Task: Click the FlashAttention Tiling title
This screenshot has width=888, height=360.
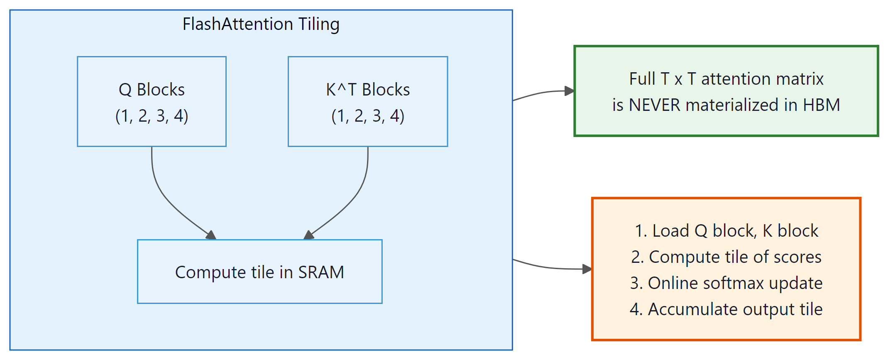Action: pos(261,24)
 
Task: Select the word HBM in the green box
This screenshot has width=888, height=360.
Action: pos(822,105)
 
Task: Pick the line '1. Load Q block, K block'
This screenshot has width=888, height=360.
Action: pos(727,231)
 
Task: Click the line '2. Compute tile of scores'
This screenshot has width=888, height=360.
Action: pos(727,257)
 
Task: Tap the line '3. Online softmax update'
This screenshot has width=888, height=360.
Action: pos(727,283)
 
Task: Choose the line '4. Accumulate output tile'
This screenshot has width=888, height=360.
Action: pos(727,309)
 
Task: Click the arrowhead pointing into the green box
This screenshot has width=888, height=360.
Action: pos(570,91)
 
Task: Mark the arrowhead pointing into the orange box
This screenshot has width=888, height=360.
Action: pos(587,269)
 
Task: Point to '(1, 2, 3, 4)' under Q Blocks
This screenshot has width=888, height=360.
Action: pos(152,116)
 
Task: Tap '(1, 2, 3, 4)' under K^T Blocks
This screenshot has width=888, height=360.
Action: pos(368,116)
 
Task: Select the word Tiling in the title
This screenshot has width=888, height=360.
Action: pos(319,24)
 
